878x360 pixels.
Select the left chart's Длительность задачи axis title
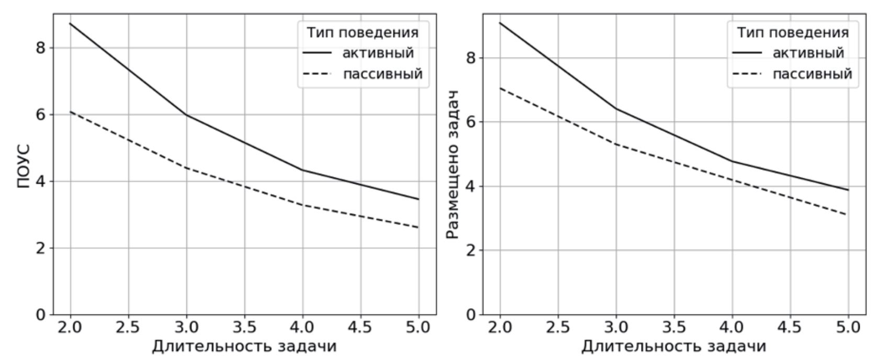click(x=244, y=346)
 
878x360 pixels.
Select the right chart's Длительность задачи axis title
click(x=674, y=346)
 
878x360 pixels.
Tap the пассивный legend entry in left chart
click(x=382, y=74)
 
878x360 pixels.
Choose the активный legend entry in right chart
click(x=808, y=53)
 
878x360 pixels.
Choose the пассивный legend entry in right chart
click(x=813, y=74)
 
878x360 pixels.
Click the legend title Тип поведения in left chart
click(x=363, y=32)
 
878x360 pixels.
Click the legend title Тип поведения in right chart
click(x=793, y=32)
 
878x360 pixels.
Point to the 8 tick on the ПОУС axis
click(x=40, y=48)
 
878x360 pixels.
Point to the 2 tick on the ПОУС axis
click(x=40, y=248)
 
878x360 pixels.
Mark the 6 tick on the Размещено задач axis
click(x=470, y=122)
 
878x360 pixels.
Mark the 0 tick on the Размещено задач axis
click(x=470, y=314)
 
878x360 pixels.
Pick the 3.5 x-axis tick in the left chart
click(x=244, y=328)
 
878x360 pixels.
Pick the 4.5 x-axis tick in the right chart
click(x=790, y=328)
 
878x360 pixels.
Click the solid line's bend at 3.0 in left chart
click(x=186, y=115)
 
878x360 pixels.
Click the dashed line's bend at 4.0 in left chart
click(x=302, y=205)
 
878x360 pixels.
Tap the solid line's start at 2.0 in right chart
click(x=500, y=23)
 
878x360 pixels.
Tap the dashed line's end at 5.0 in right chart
click(x=848, y=215)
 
